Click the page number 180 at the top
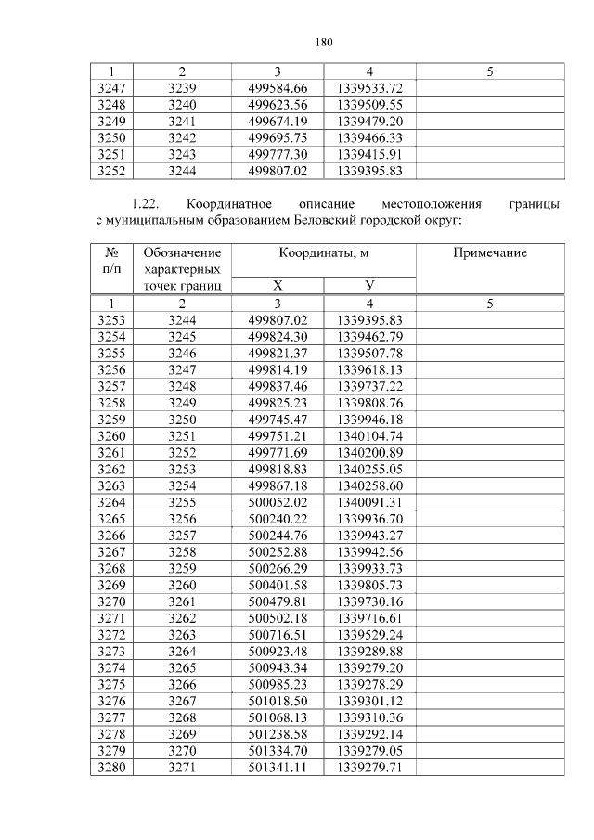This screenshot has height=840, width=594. click(x=323, y=42)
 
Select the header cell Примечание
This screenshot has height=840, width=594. click(x=489, y=253)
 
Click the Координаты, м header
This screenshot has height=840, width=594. click(x=323, y=253)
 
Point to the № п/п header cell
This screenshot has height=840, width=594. click(x=111, y=261)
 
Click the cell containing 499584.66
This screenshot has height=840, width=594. click(x=277, y=87)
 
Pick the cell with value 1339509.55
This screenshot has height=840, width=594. click(x=369, y=104)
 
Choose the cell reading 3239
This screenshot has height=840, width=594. click(x=182, y=87)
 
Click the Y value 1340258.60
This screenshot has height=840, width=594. click(x=369, y=485)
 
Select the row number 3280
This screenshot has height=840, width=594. click(x=111, y=768)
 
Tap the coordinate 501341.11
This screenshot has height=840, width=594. click(x=277, y=768)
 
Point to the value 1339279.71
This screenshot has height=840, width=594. click(x=369, y=768)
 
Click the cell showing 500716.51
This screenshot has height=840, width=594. click(x=277, y=635)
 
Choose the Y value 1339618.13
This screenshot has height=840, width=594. click(x=369, y=369)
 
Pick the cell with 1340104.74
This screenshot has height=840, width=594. click(x=369, y=436)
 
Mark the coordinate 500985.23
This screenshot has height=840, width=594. click(x=277, y=685)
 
